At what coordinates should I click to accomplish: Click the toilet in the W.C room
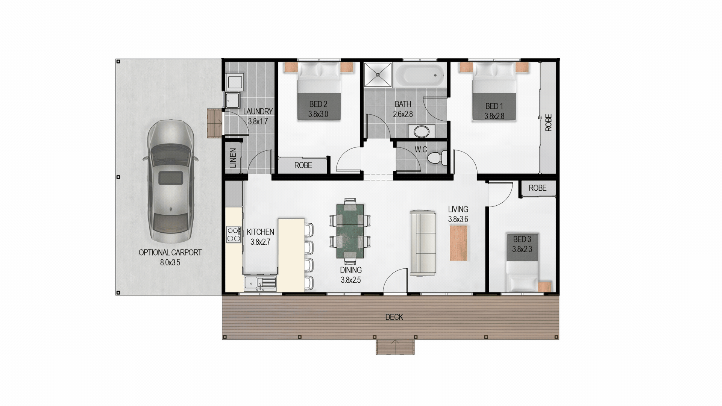click(437, 157)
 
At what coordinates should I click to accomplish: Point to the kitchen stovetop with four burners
click(234, 234)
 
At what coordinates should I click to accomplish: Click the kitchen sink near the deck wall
click(260, 283)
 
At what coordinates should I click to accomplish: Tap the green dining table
click(350, 231)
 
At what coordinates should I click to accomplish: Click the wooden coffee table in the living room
click(458, 243)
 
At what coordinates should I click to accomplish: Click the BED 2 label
click(318, 104)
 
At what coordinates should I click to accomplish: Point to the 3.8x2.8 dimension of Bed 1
click(494, 116)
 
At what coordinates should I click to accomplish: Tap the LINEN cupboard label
click(233, 158)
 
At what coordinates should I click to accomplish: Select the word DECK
click(394, 317)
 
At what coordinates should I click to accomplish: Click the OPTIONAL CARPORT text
click(170, 253)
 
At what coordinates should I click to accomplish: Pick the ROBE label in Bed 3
click(537, 188)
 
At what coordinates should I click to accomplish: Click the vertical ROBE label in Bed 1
click(548, 123)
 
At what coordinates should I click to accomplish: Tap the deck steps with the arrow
click(395, 347)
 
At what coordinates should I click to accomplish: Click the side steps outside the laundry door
click(215, 123)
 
